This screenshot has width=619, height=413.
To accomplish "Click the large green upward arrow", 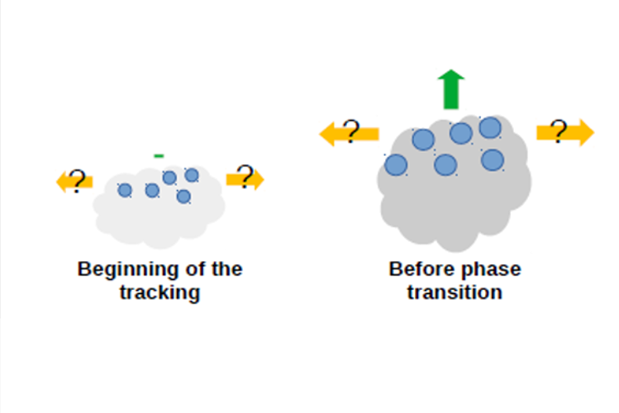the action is (451, 89).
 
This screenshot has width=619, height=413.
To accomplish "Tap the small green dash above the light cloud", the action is (159, 156).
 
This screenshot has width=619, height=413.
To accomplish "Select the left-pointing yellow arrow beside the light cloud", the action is (74, 182).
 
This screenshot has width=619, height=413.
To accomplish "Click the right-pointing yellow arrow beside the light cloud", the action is (245, 179).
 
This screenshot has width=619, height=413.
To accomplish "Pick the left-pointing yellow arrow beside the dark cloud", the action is (349, 134).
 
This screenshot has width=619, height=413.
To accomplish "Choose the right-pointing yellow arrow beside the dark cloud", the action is (565, 132).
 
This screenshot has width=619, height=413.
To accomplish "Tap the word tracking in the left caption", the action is (160, 293).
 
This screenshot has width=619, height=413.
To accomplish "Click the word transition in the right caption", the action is (455, 292).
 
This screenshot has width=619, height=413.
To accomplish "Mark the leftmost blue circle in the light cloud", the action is (125, 190).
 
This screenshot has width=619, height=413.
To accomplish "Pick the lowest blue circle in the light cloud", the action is (183, 197).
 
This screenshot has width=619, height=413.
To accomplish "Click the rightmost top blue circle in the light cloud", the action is (192, 175).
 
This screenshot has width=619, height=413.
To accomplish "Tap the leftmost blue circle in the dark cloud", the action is (396, 164).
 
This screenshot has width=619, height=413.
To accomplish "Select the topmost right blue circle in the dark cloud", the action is (490, 128).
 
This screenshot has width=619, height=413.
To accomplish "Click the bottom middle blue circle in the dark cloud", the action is (445, 164).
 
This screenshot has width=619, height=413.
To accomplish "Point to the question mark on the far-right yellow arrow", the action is (559, 131).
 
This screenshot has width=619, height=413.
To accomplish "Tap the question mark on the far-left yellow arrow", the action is (77, 181).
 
